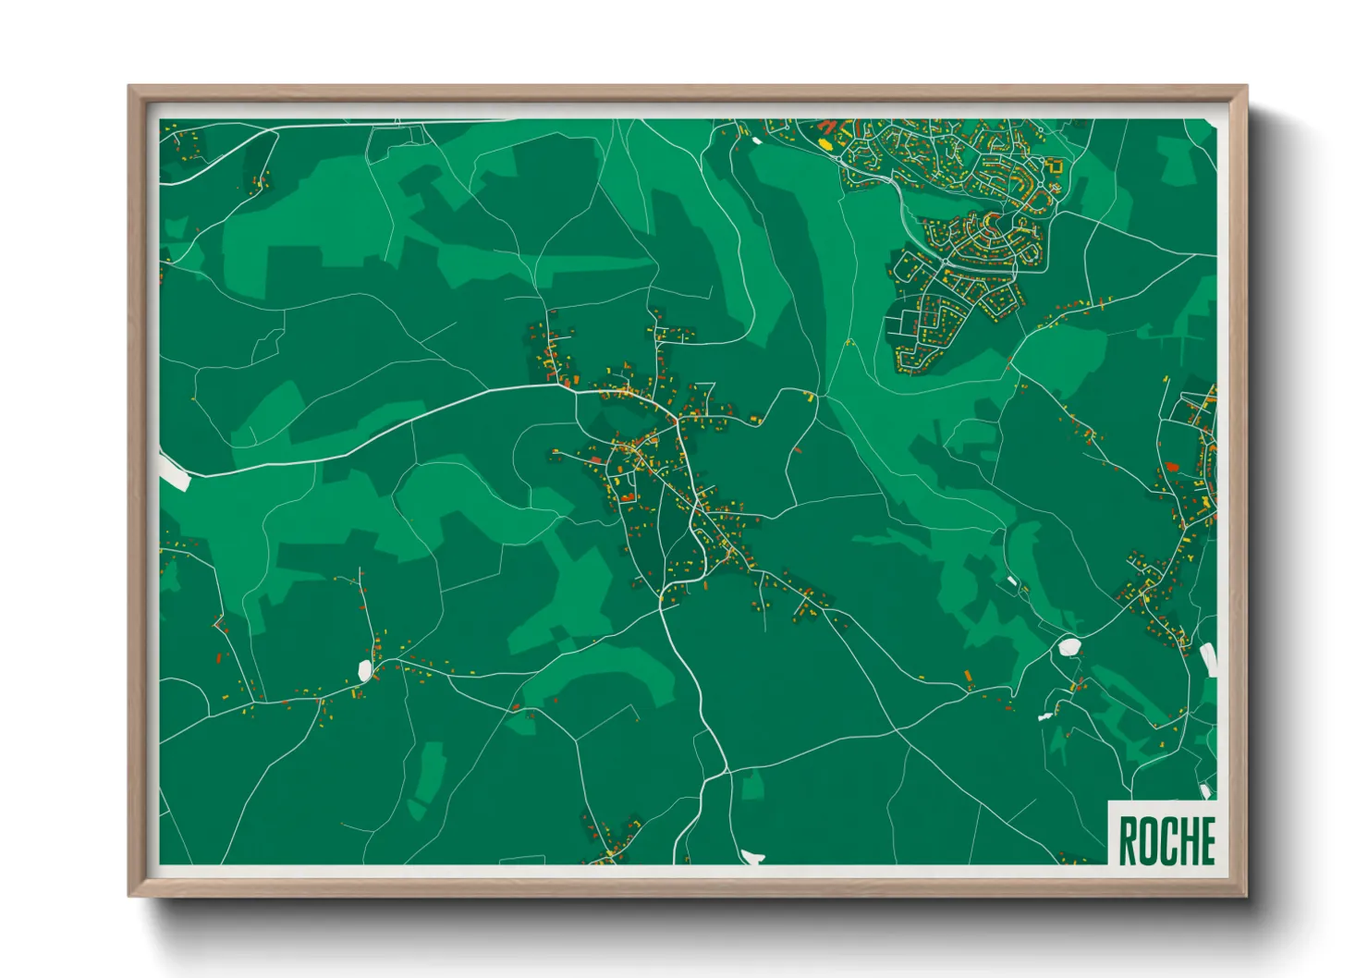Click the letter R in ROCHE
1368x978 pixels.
coord(1129,841)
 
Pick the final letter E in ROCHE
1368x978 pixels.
coord(1206,841)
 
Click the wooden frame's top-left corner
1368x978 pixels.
coord(129,87)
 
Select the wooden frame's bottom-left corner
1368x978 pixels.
coord(129,895)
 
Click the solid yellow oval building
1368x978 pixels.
coord(825,144)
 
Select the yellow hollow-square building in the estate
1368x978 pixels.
coord(1056,166)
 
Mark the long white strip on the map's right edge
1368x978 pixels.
coord(1208,660)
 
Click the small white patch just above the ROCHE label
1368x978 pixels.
coord(1205,790)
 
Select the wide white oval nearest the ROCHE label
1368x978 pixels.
coord(1070,646)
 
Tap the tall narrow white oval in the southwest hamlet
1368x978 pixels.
coord(364,670)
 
